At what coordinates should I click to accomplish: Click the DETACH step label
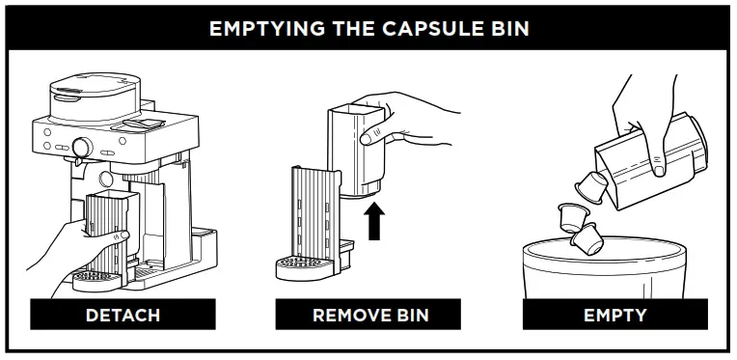pos(122,315)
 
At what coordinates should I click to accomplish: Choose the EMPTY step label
pos(614,315)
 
